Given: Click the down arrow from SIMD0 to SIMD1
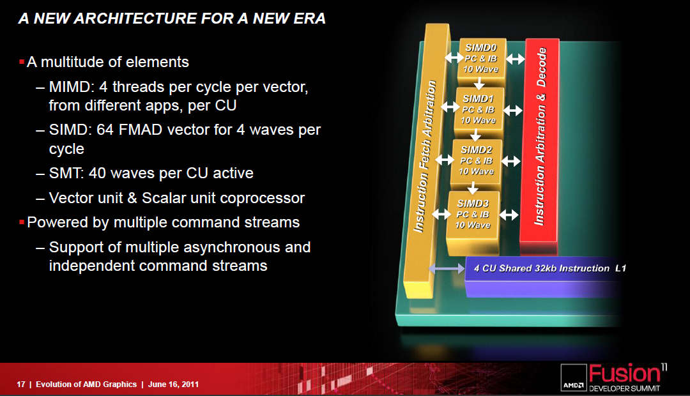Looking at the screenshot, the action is point(479,83).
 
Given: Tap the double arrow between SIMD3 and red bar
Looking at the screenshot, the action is point(509,215).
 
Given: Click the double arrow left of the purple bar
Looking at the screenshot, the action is point(447,268).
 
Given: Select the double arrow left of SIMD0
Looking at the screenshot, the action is point(454,57).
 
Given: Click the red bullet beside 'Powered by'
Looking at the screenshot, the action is point(22,222).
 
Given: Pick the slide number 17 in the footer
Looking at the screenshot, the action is point(20,384).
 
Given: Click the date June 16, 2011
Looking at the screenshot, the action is point(173,384).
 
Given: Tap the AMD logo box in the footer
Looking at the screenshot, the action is point(574,377).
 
